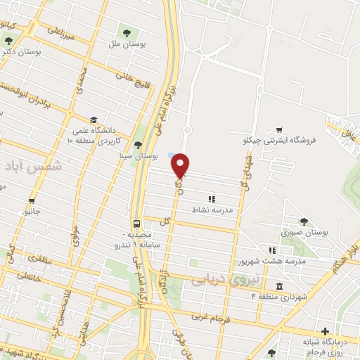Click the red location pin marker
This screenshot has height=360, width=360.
point(181,165)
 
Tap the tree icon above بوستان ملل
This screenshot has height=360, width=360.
point(127,32)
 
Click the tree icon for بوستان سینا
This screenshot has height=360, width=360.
point(137,145)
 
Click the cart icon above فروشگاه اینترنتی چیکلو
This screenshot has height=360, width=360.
point(281,129)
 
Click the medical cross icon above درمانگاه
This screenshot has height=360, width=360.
point(324,331)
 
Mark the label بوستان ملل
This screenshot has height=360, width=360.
point(127,44)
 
